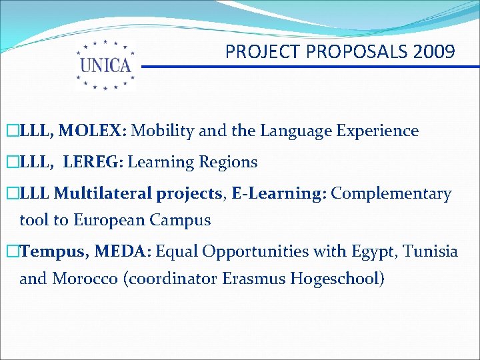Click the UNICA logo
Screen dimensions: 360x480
105,65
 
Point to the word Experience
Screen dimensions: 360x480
379,131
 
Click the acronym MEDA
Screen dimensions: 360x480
124,251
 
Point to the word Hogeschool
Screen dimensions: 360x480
337,279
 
